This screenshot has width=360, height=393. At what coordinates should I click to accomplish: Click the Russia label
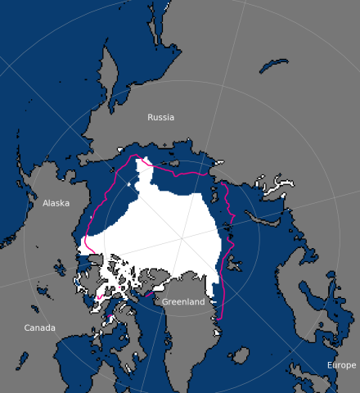point(160,117)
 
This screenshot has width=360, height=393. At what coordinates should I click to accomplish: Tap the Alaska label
point(56,203)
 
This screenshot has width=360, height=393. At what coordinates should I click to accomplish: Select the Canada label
point(39,327)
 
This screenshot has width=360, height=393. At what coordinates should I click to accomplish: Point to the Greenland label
point(183,302)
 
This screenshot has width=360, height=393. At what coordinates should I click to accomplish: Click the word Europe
point(341,364)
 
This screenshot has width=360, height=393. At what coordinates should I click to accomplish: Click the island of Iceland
point(239,355)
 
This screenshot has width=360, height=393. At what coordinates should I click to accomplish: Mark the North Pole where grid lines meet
point(181,240)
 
